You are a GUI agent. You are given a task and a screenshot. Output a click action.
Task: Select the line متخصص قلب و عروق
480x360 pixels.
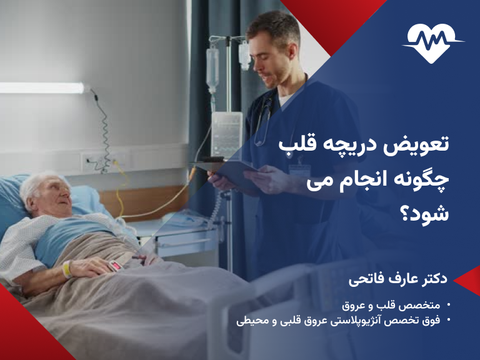392,306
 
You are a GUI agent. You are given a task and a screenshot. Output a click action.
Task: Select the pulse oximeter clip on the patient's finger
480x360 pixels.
116,266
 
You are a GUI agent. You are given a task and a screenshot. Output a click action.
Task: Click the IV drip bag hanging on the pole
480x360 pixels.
213,69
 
